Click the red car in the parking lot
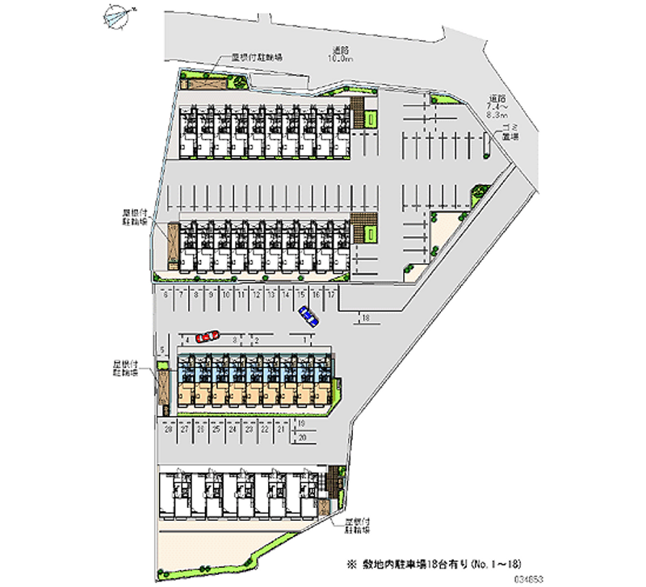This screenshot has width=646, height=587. coord(208,336)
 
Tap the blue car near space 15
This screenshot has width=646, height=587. coord(308,316)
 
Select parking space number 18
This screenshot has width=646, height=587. coord(366,318)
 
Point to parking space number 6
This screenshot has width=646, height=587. coord(166,296)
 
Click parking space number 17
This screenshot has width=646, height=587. coord(331,296)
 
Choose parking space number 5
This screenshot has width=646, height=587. coord(163,350)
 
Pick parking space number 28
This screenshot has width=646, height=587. coord(169,430)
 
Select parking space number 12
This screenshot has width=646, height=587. coord(255,296)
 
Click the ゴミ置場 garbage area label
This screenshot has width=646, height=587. coord(510,132)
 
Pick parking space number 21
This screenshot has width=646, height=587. coord(280,430)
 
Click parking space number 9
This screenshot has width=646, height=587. coord(211,296)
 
